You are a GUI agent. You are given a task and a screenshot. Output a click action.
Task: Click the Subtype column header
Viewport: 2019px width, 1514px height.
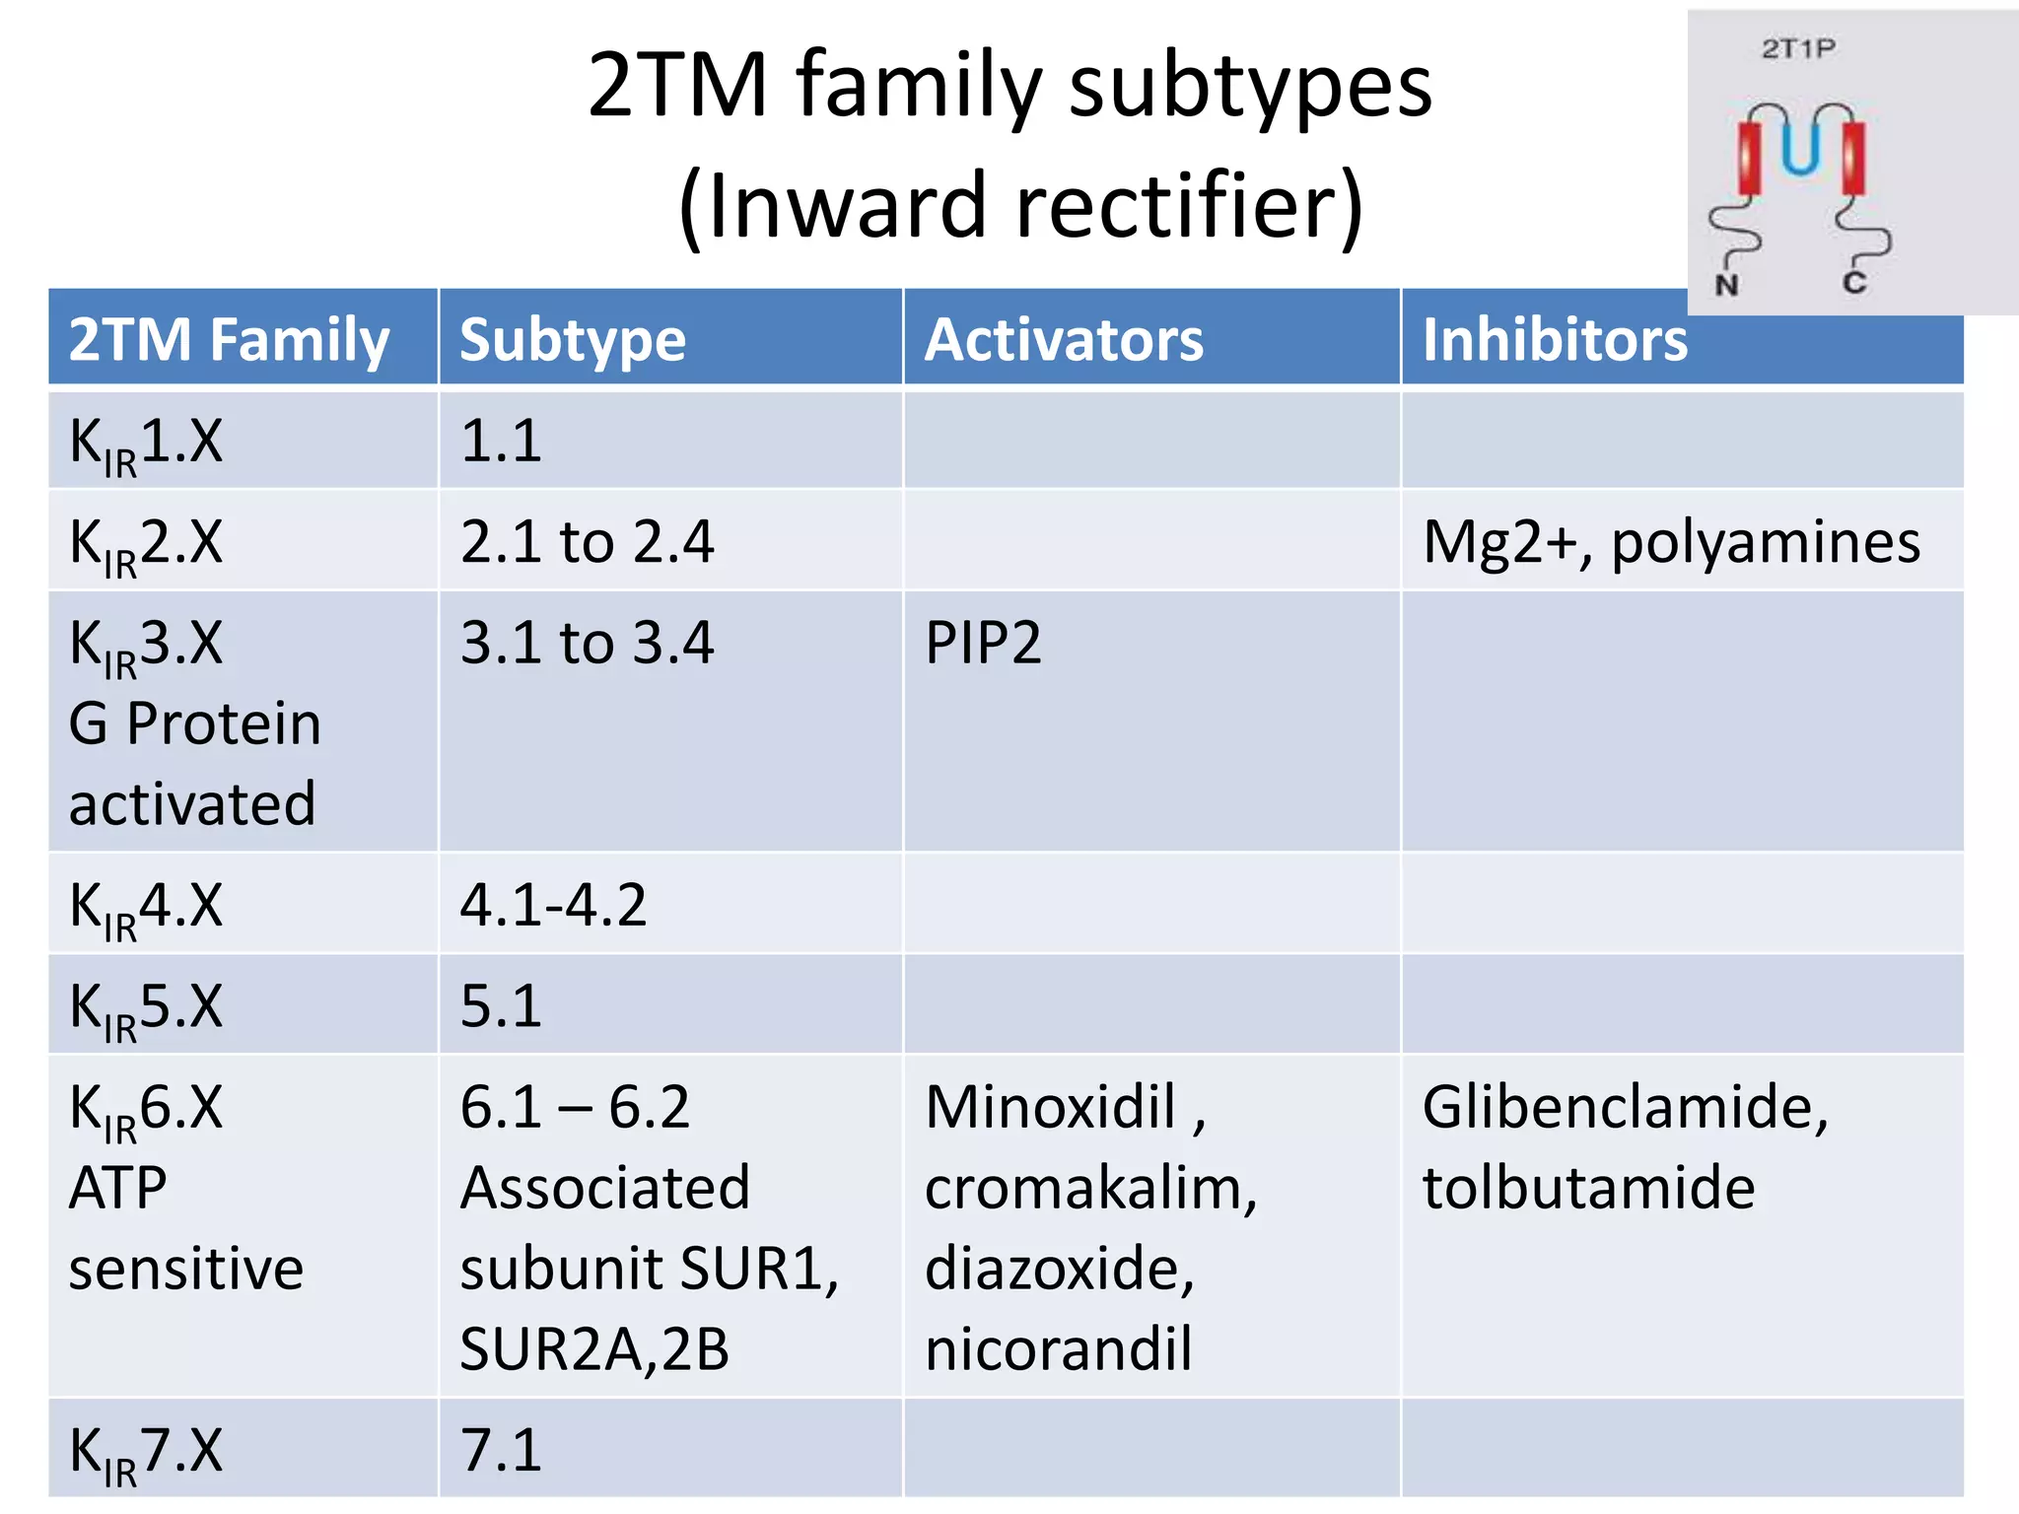tap(573, 340)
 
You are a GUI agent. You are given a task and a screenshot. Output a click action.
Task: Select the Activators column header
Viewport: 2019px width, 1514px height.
tap(1064, 340)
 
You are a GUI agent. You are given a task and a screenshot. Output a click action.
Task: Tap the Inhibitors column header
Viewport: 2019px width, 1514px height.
tap(1555, 340)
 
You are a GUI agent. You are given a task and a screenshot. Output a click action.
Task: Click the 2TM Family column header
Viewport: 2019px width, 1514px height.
tap(229, 340)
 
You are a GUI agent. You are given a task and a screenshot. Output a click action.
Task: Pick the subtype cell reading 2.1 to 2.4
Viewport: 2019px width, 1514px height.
tap(587, 541)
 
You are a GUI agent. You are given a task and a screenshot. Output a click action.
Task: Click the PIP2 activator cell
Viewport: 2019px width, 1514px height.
tap(983, 643)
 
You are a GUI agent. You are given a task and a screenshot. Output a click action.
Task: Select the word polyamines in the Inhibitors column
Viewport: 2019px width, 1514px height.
tap(1766, 541)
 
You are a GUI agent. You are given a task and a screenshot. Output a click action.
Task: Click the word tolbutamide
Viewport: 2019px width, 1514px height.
tap(1588, 1187)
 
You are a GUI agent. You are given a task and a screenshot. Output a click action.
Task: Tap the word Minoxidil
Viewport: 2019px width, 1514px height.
tap(1051, 1106)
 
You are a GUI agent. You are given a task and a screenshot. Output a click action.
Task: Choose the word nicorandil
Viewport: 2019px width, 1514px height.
tap(1058, 1348)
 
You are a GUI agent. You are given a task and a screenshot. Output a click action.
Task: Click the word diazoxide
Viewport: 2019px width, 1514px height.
tap(1058, 1268)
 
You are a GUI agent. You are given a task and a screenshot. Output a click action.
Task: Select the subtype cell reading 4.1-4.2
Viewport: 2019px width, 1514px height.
tap(553, 905)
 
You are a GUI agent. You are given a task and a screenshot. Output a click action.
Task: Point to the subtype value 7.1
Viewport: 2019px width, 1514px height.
tap(501, 1450)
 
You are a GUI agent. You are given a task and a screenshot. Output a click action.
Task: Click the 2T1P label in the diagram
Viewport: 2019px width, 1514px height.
tap(1798, 48)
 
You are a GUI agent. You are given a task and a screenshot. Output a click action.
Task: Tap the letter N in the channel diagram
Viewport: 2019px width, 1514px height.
tap(1726, 286)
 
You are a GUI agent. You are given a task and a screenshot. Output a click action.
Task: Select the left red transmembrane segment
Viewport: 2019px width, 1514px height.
tap(1750, 158)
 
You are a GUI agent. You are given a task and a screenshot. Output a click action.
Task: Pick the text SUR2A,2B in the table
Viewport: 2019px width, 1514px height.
tap(594, 1348)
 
